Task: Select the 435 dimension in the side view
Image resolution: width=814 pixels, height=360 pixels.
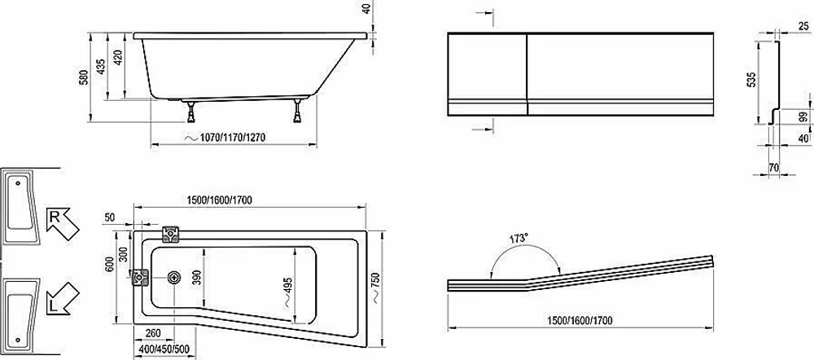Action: [101, 65]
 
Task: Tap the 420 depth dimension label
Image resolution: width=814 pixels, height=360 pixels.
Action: [119, 57]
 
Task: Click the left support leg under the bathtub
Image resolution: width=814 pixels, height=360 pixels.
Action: [191, 112]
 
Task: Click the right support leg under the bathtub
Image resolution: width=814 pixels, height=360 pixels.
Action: [298, 110]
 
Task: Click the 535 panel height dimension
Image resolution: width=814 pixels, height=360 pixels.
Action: [751, 80]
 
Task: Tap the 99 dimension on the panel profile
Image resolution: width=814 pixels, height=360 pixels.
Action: [804, 117]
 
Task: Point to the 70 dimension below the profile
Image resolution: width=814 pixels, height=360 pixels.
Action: [773, 167]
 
